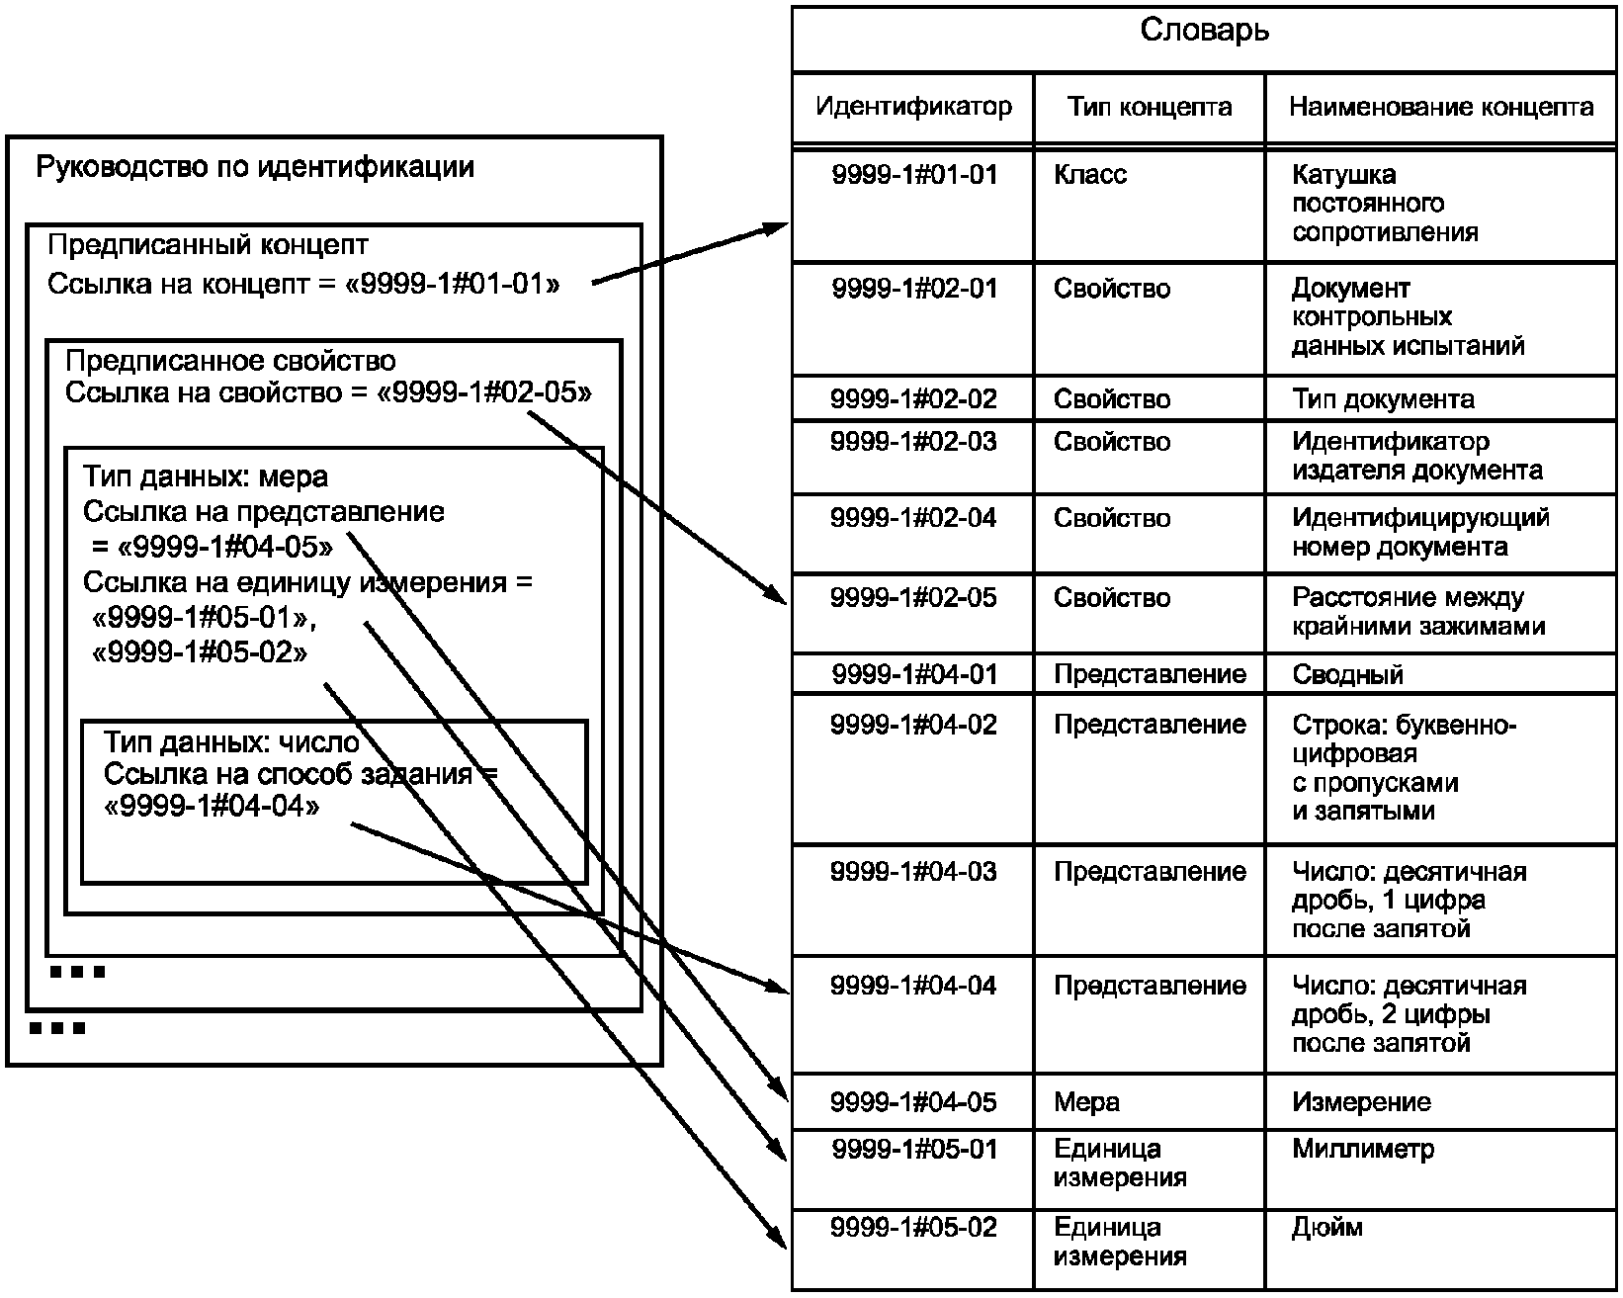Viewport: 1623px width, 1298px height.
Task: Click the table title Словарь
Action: (1205, 31)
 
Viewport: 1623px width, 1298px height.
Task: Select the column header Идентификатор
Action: (913, 107)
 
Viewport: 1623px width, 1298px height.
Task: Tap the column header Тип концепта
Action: (1150, 107)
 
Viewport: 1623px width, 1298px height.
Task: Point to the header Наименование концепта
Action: (1440, 107)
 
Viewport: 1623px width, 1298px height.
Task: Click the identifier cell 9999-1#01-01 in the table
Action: (914, 174)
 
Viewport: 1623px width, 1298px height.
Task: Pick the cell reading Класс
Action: (1090, 174)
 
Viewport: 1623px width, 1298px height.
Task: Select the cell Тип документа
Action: (1383, 398)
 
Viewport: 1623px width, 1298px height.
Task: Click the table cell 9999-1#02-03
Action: (913, 441)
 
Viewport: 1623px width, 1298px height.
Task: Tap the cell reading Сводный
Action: (1347, 673)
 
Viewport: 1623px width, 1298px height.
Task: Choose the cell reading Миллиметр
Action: (1363, 1149)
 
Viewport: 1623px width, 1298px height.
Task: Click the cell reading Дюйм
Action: (1326, 1227)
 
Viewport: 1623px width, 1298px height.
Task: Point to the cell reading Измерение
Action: (1361, 1102)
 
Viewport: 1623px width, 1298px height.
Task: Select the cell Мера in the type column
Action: (1086, 1102)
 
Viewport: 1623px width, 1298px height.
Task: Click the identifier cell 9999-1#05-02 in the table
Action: (913, 1227)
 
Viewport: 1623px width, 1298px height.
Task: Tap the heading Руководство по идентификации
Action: (255, 167)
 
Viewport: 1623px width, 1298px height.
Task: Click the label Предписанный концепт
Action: (208, 244)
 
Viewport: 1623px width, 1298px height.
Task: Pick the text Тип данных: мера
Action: (206, 476)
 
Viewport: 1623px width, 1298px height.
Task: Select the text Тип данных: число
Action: (231, 742)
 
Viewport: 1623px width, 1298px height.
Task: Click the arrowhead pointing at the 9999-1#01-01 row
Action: (777, 228)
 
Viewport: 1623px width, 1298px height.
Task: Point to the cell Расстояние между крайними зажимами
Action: (1417, 612)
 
